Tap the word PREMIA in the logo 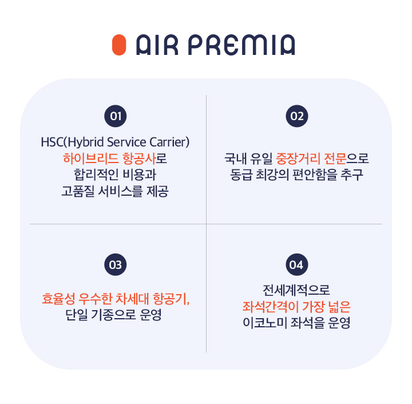point(241,45)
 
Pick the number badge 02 point(296,116)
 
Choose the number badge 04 point(296,264)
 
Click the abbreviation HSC point(53,141)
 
